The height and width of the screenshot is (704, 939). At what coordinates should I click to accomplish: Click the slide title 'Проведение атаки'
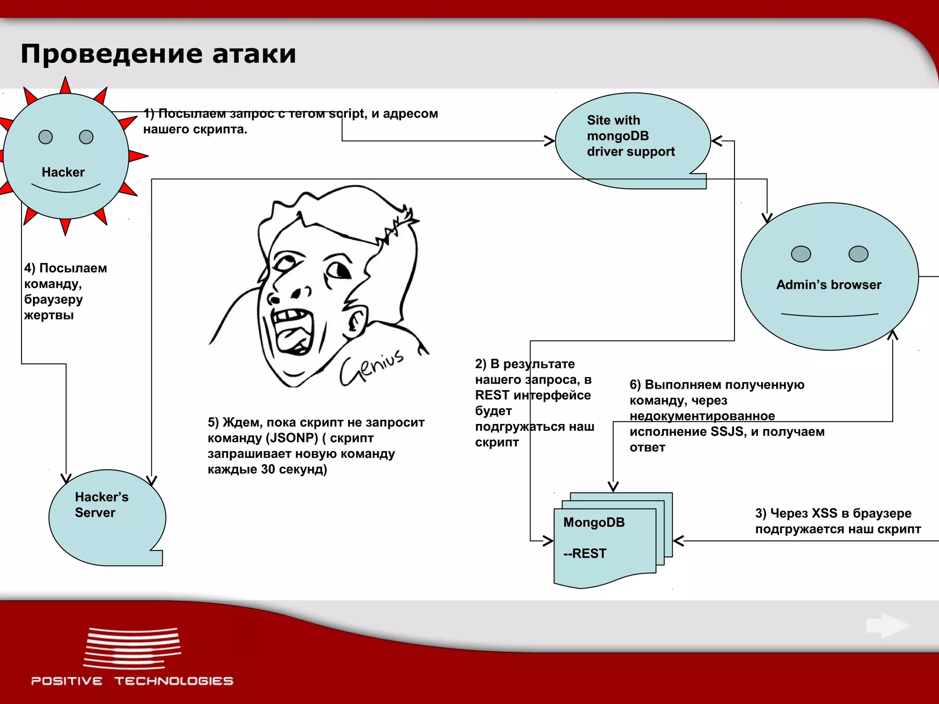point(158,54)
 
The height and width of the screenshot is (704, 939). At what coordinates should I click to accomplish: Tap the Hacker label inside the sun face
point(63,172)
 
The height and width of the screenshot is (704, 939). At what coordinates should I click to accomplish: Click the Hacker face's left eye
point(45,137)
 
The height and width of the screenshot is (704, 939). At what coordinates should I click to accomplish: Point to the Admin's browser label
point(829,285)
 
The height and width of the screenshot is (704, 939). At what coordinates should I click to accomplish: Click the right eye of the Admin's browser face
point(858,254)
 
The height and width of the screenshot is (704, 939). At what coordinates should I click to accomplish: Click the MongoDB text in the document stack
point(594,522)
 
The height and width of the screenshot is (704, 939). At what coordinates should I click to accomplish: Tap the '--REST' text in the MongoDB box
point(585,554)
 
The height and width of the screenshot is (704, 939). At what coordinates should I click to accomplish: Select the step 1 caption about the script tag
point(290,121)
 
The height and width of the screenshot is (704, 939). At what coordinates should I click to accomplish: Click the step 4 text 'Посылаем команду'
point(66,275)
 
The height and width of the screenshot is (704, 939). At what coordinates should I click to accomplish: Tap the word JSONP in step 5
point(293,438)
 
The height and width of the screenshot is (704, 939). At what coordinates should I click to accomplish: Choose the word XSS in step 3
point(824,513)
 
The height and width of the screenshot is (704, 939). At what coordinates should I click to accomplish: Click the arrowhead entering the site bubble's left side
point(549,141)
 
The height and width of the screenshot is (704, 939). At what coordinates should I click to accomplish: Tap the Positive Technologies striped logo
point(132,648)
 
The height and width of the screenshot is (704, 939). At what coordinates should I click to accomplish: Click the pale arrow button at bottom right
point(887,625)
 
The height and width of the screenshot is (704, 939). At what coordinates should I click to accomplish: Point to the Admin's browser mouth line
point(829,315)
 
